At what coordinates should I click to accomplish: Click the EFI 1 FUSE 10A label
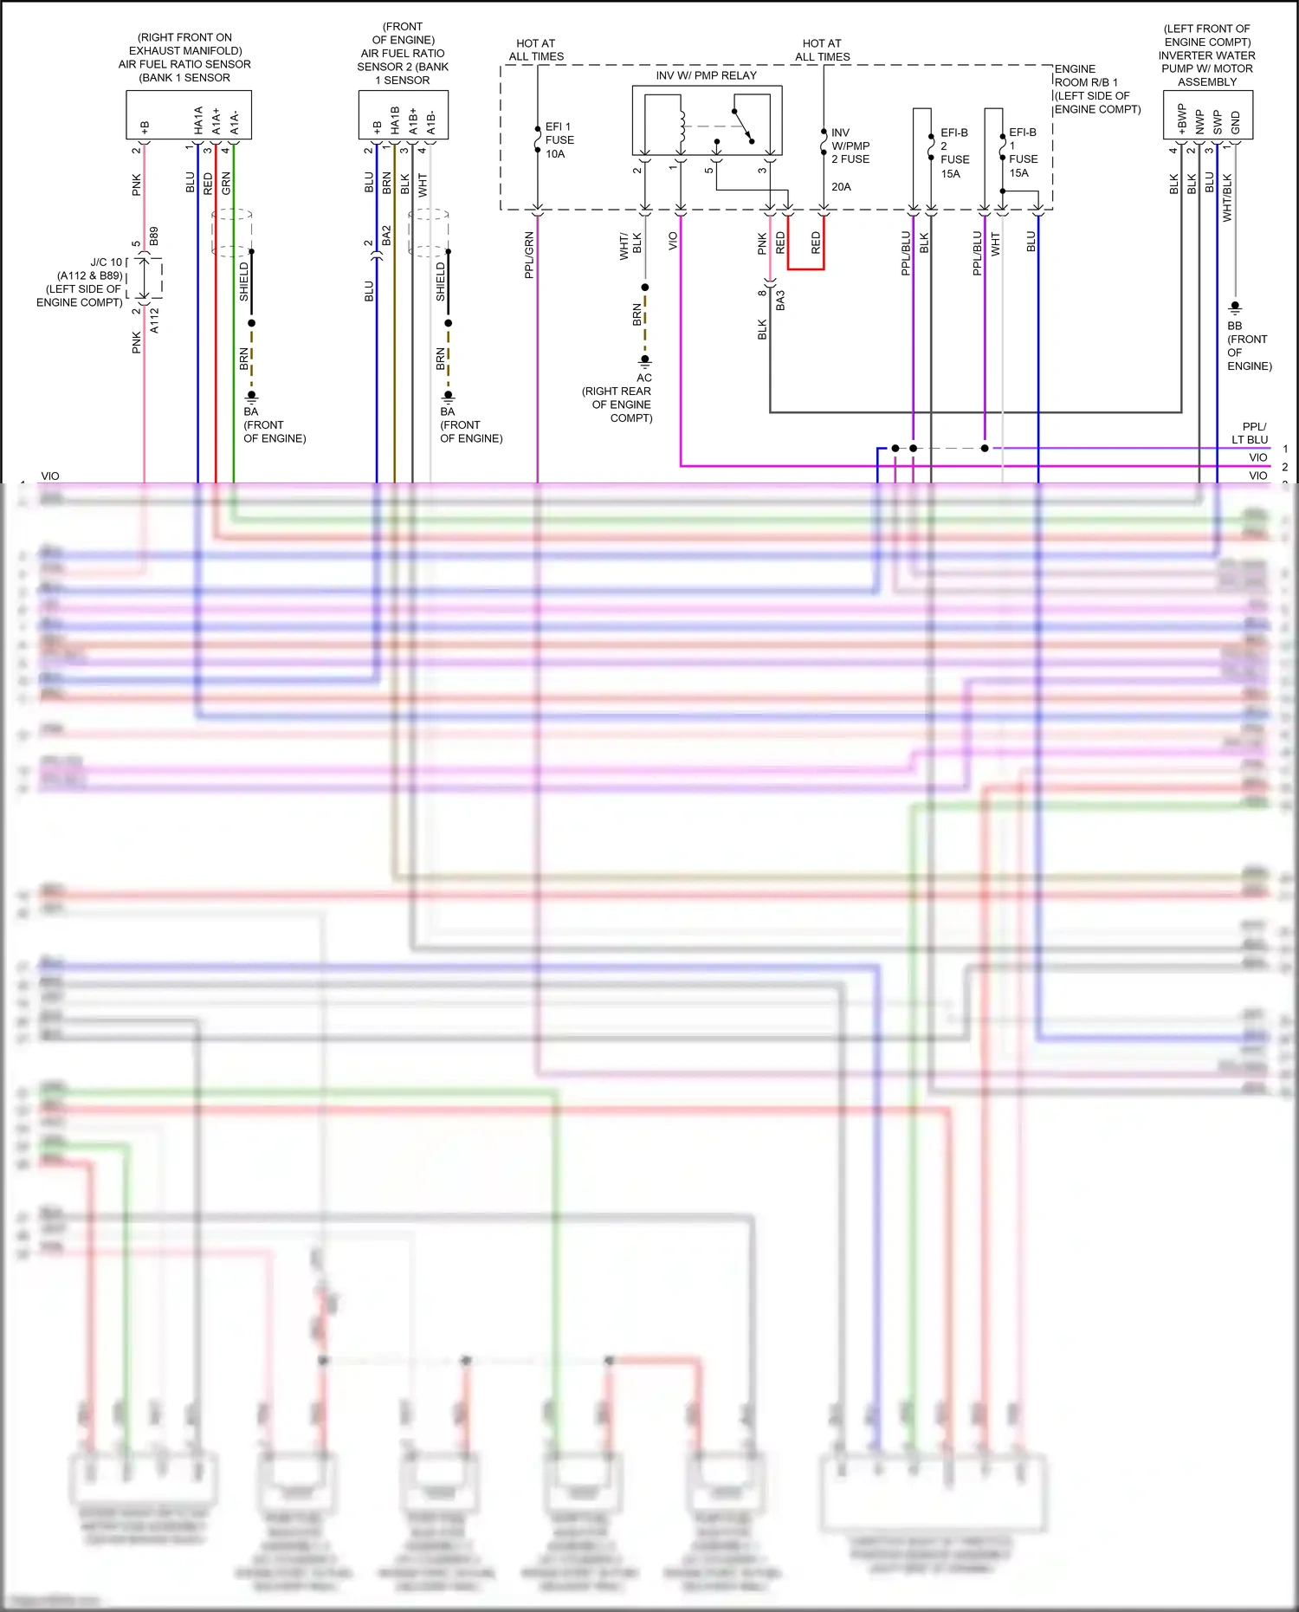(x=559, y=140)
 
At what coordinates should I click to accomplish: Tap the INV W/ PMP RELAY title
(x=706, y=75)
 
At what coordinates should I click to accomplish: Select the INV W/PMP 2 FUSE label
(x=850, y=146)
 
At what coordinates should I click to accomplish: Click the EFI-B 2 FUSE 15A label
(x=954, y=153)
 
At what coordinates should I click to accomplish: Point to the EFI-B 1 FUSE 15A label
(x=1023, y=152)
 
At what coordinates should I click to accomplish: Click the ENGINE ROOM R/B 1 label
(x=1095, y=88)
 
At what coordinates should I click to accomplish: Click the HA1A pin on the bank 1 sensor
(x=198, y=120)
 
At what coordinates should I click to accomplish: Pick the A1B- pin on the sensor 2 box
(x=431, y=121)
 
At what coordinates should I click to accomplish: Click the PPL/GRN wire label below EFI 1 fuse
(x=529, y=255)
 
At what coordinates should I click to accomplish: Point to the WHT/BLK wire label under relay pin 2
(x=630, y=245)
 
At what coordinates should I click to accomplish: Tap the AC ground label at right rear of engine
(x=644, y=378)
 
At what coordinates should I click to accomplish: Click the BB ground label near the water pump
(x=1235, y=326)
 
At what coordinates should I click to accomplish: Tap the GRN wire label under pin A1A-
(x=226, y=183)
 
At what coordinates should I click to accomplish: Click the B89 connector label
(x=154, y=236)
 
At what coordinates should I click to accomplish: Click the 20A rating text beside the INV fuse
(x=841, y=186)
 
